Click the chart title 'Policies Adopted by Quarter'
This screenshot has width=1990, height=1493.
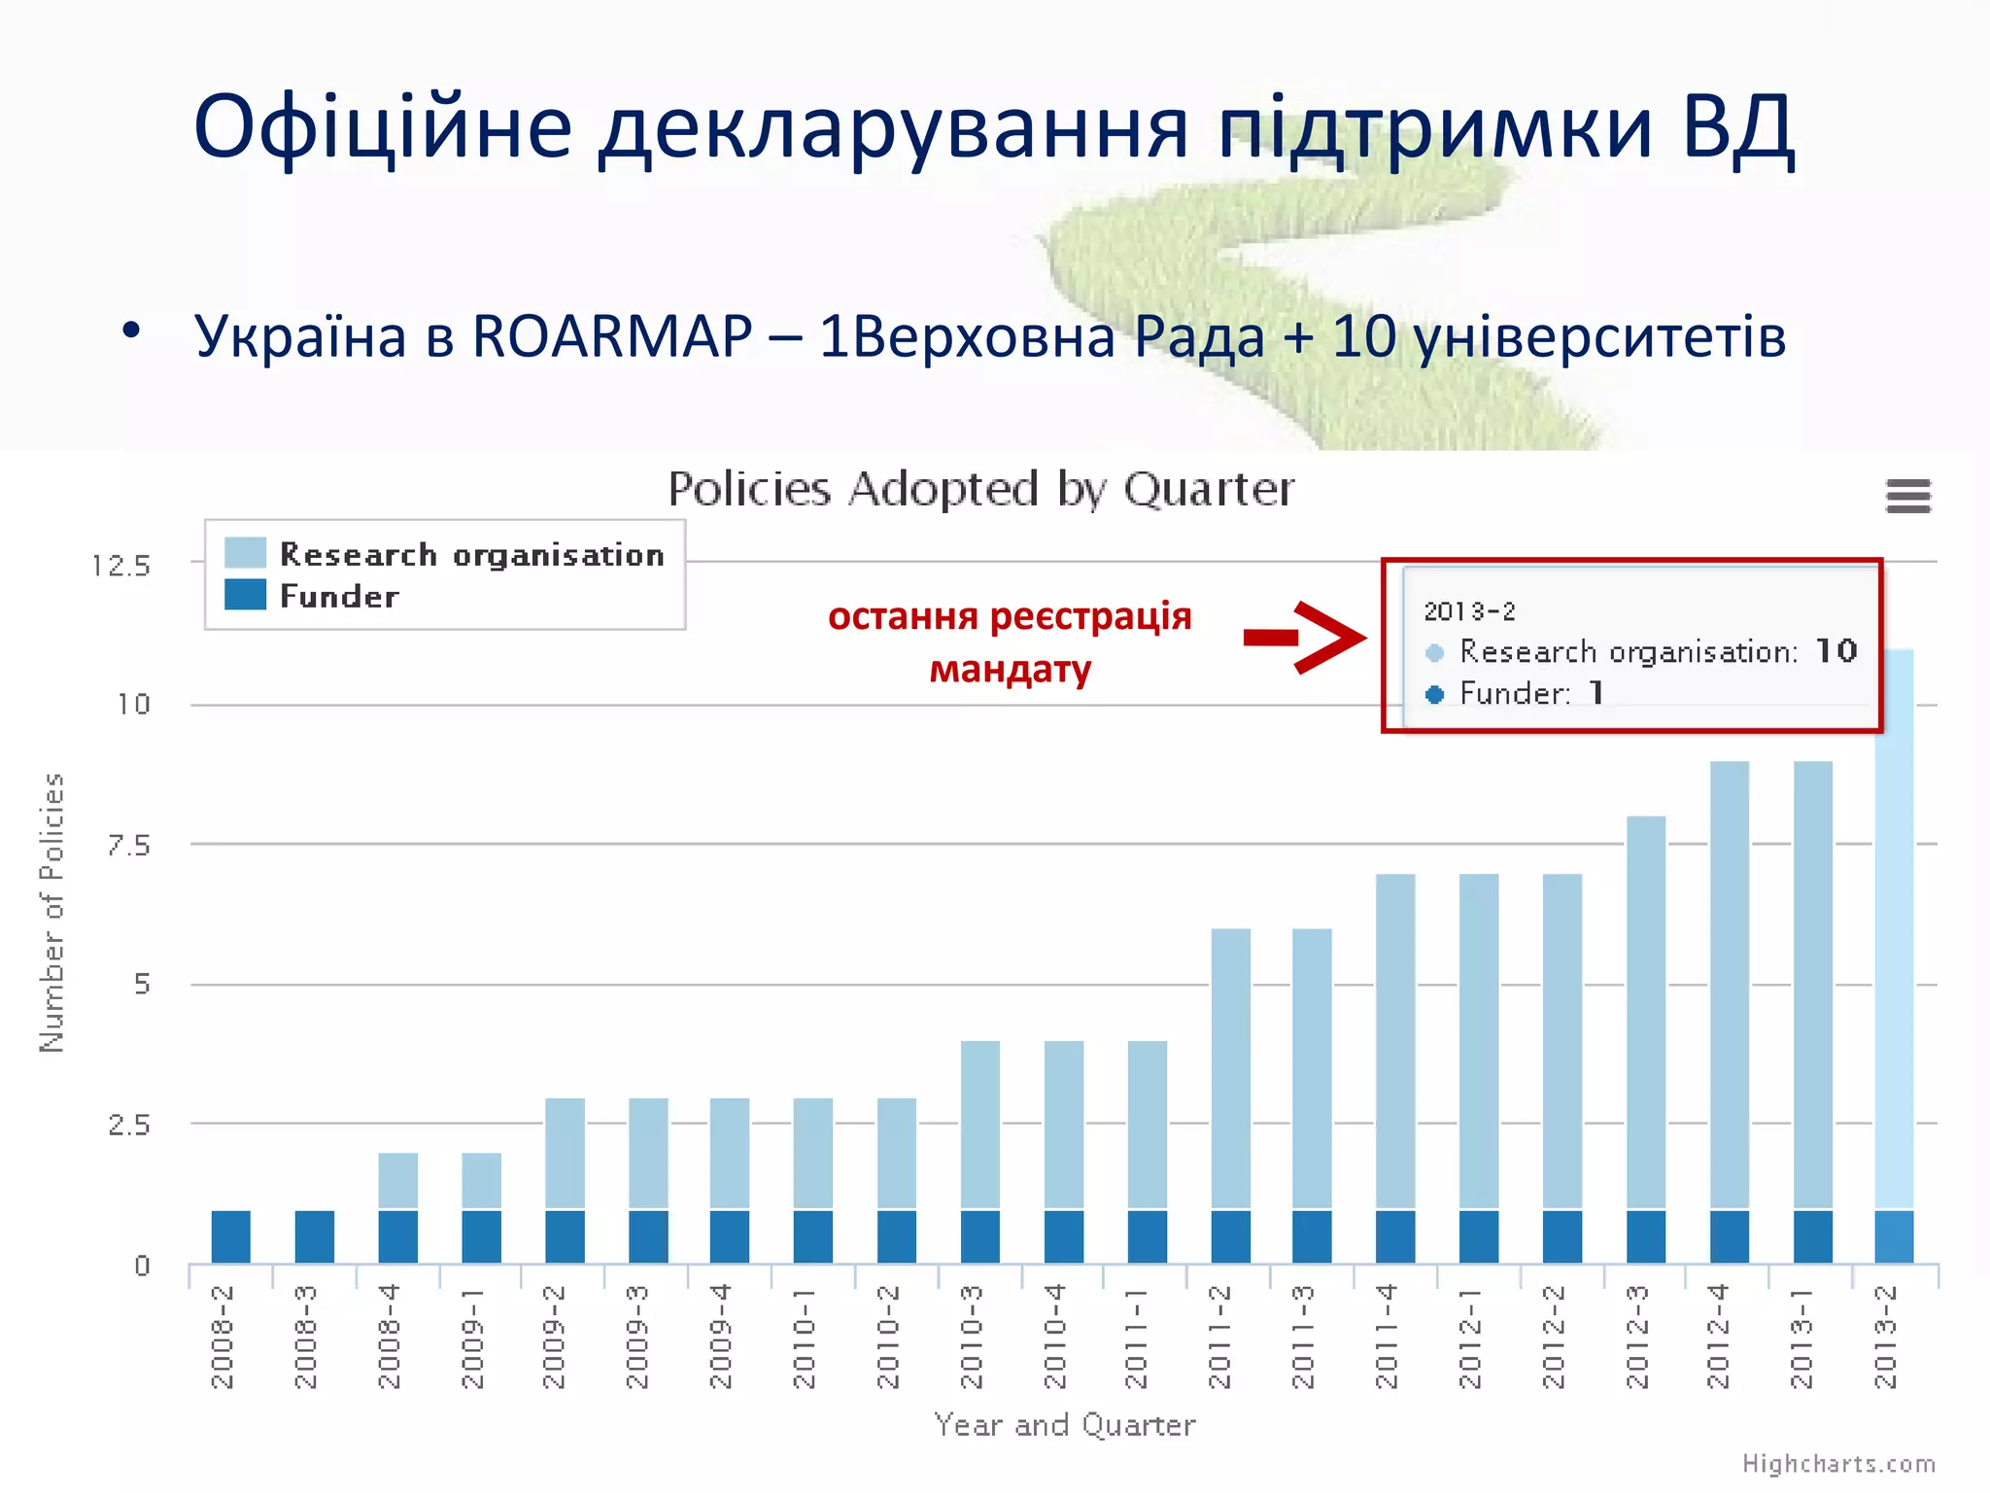[980, 489]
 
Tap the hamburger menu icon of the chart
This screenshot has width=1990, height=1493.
[1907, 496]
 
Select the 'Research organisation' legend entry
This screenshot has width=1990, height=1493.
[471, 554]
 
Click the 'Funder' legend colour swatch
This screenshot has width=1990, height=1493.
[245, 595]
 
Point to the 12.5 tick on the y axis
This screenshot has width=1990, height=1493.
[121, 566]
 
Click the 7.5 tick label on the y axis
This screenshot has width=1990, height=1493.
[129, 846]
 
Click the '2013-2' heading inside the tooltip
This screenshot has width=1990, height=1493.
[1469, 611]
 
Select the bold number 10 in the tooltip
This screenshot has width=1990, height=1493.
[1836, 650]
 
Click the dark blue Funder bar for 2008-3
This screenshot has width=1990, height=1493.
[314, 1236]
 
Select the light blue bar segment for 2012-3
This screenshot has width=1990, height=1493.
[1645, 1011]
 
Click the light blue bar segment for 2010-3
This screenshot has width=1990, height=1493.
[979, 1125]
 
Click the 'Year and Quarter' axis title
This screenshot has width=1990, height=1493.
[1064, 1425]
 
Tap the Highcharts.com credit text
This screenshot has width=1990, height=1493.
[1837, 1464]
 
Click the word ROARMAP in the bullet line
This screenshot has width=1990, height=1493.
[612, 337]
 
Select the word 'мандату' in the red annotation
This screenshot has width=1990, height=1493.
[1011, 670]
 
